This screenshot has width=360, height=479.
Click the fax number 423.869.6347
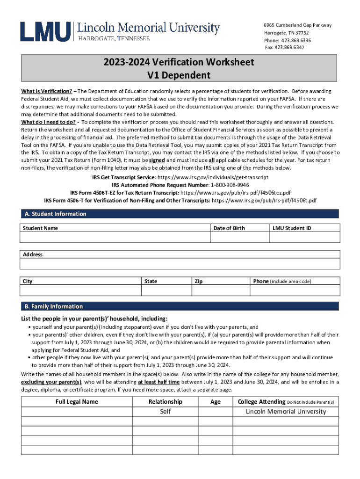290,47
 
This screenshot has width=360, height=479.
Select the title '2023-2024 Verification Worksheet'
179,62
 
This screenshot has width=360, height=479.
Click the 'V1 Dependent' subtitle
179,75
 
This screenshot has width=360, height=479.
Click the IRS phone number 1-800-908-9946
223,185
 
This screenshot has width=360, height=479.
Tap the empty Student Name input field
114,238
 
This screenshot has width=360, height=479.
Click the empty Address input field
180,264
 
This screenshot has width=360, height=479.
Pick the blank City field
80,290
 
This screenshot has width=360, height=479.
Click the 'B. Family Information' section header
54,306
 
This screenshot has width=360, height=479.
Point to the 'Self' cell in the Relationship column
166,412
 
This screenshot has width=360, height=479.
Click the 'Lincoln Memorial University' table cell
286,412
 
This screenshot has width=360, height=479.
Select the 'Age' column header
216,402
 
